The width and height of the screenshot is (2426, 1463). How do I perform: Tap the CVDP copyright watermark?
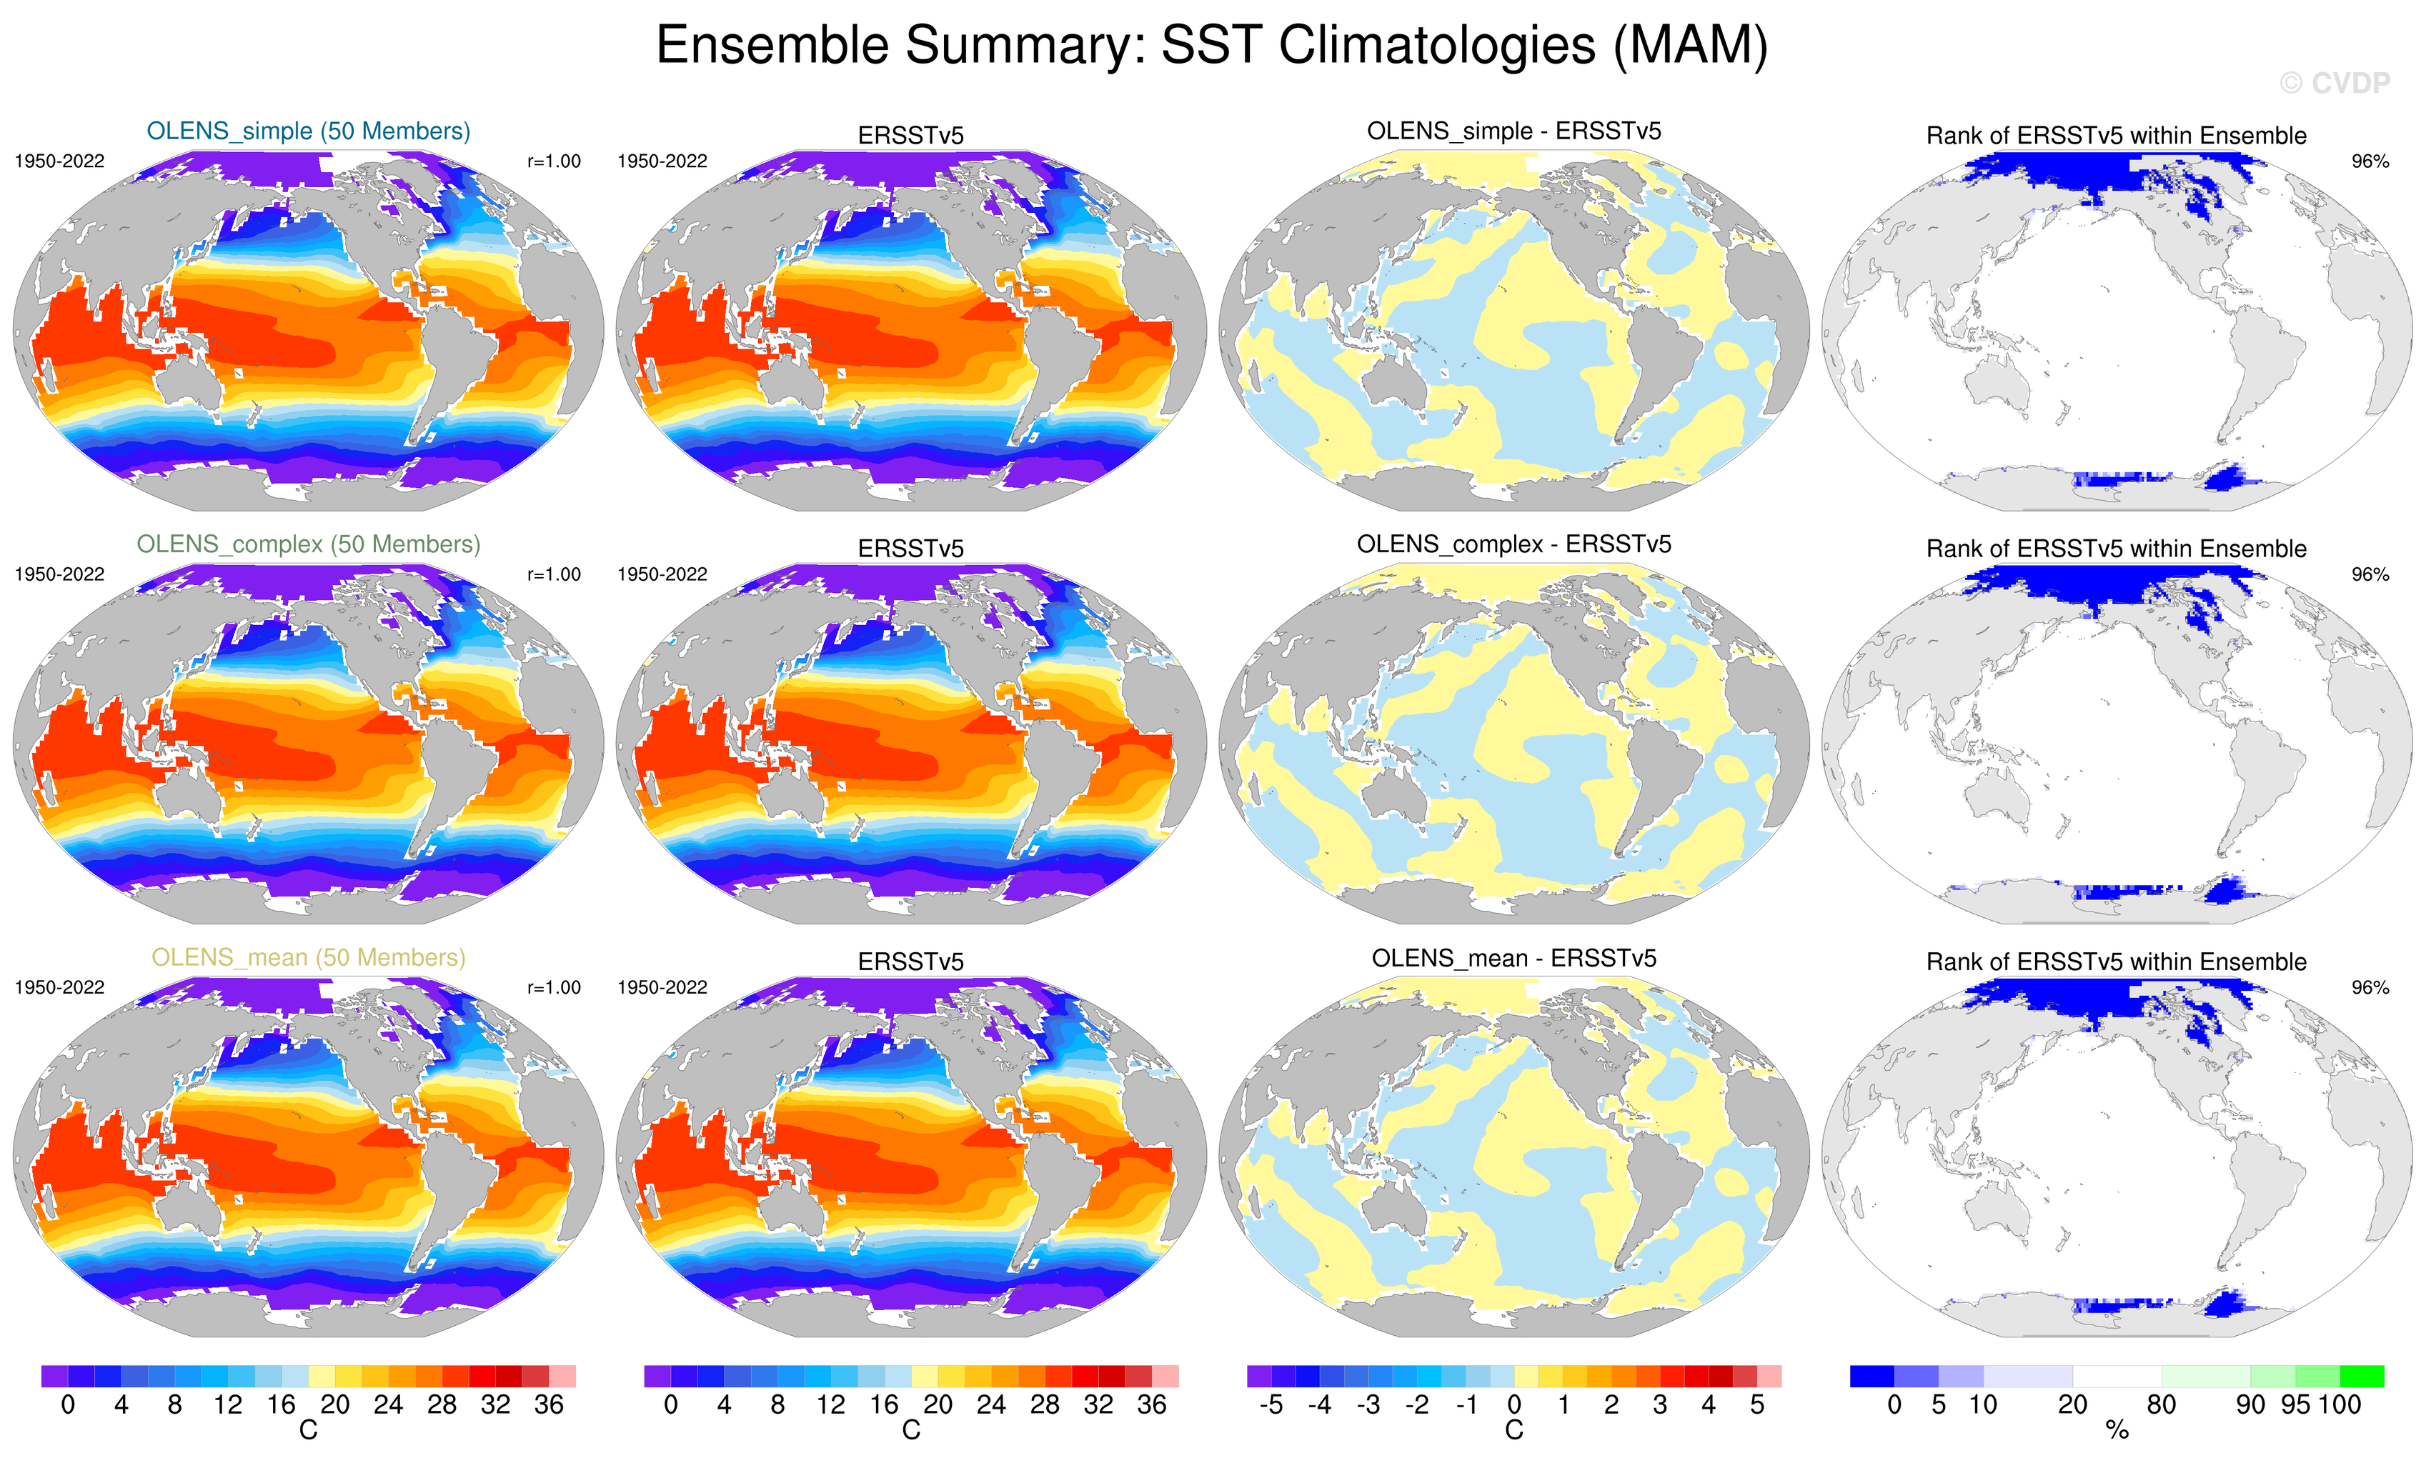[x=2335, y=84]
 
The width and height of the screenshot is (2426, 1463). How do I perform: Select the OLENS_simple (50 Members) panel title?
[x=308, y=131]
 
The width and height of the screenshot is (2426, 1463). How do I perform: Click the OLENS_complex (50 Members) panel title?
[x=308, y=544]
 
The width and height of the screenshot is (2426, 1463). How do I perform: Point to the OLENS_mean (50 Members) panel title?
[x=308, y=957]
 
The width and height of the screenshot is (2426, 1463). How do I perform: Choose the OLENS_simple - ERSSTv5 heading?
[x=1513, y=131]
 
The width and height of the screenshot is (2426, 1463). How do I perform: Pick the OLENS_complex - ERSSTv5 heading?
[x=1513, y=544]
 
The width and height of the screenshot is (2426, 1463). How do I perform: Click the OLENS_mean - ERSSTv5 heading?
[x=1513, y=958]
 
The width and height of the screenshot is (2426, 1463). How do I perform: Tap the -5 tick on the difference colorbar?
[x=1271, y=1405]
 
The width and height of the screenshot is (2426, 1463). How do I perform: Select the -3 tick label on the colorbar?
[x=1368, y=1405]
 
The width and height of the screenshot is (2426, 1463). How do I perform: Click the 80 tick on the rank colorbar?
[x=2161, y=1405]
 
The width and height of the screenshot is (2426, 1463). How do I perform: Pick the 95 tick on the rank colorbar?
[x=2295, y=1405]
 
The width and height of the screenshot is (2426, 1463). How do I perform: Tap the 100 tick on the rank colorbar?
[x=2340, y=1405]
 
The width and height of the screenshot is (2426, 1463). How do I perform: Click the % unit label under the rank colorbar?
[x=2117, y=1432]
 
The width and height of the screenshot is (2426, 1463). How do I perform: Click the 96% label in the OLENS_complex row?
[x=2370, y=574]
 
